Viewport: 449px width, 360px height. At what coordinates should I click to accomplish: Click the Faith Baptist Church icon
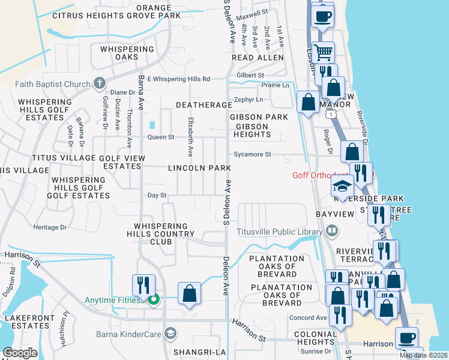click(x=100, y=83)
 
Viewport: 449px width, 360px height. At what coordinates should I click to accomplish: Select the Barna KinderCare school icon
click(x=170, y=334)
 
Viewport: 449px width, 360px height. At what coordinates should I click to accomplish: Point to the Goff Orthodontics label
click(x=329, y=175)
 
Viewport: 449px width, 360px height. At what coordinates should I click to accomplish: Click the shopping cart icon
click(x=324, y=52)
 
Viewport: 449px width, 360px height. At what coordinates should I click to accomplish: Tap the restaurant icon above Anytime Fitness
click(x=143, y=284)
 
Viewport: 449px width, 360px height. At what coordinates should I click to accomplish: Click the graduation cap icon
click(x=342, y=187)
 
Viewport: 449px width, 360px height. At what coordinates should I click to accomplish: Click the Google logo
click(x=20, y=353)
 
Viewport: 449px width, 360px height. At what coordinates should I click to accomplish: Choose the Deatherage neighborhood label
click(x=203, y=105)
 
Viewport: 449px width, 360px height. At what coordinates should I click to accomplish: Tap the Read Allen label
click(x=258, y=58)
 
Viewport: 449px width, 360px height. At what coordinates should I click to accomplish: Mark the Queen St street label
click(x=161, y=137)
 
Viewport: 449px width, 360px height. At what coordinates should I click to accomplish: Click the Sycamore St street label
click(x=252, y=154)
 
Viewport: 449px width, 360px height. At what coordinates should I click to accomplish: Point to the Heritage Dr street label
click(x=49, y=227)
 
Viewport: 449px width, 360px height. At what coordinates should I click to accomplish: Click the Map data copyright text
click(x=423, y=355)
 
